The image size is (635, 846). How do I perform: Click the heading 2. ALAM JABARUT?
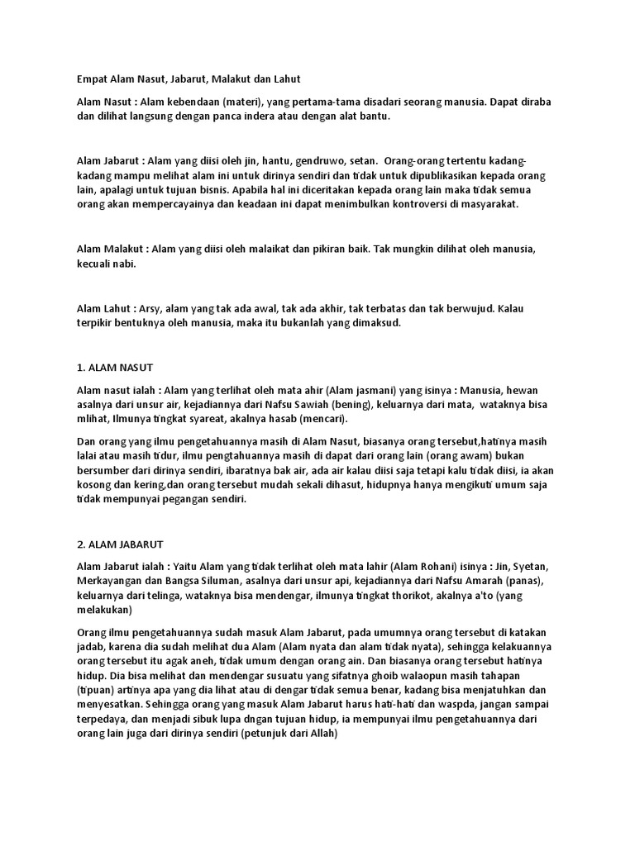point(120,544)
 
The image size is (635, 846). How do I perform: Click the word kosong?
point(93,485)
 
